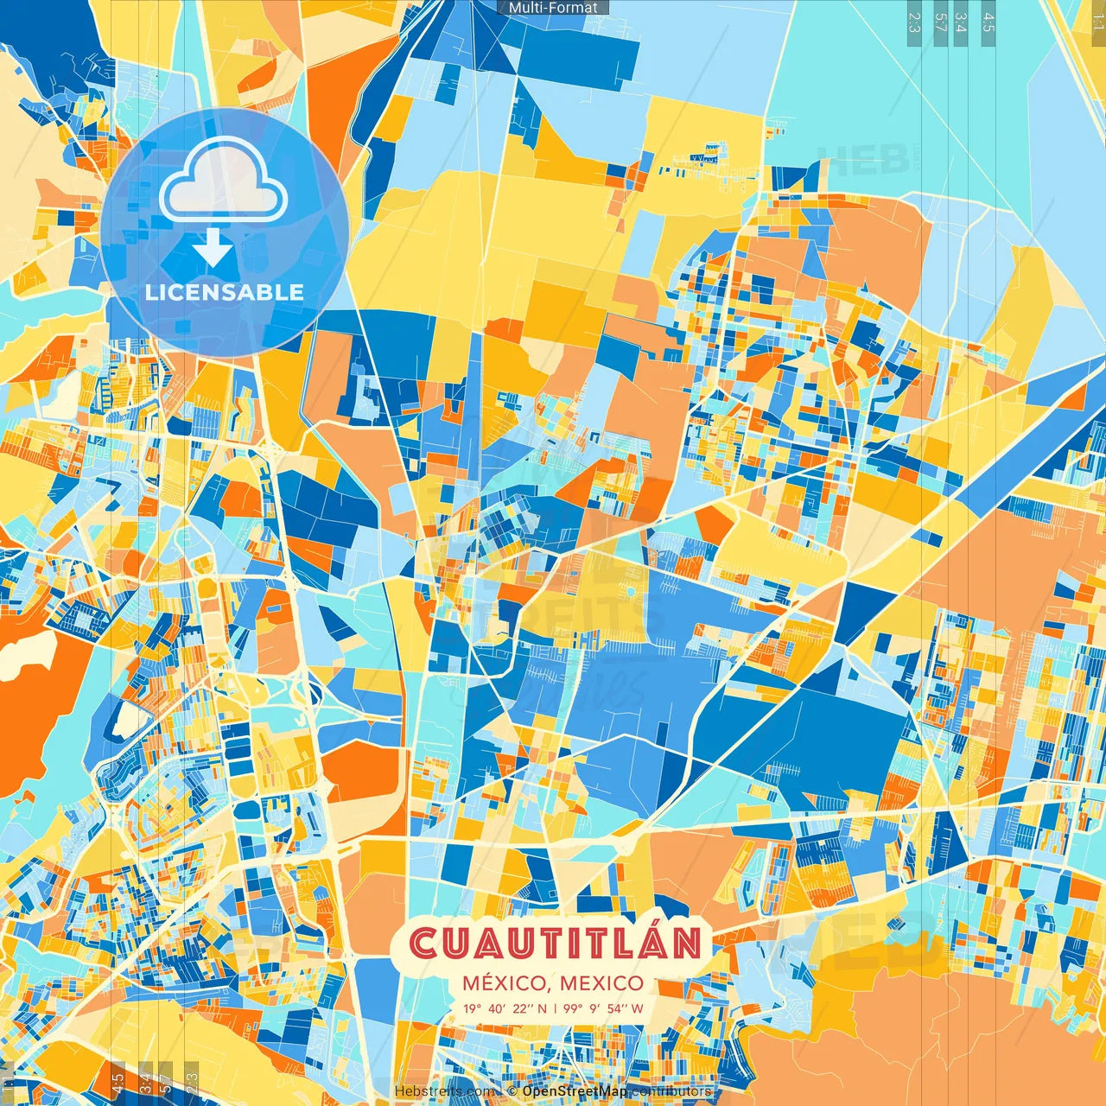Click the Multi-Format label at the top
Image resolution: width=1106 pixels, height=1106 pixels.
point(553,8)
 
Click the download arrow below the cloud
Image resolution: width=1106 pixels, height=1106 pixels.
point(212,246)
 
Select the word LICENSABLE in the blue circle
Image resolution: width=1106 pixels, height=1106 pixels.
point(225,292)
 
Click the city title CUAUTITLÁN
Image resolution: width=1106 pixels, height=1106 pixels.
point(554,944)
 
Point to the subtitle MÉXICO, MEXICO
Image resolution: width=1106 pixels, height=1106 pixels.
point(553,983)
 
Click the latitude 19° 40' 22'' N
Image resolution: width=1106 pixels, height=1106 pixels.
point(505,1008)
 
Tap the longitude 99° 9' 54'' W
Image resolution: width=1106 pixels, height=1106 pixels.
point(604,1008)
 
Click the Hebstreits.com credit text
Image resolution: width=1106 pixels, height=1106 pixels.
point(444,1091)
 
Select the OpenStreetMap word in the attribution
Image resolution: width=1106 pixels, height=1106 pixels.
point(575,1091)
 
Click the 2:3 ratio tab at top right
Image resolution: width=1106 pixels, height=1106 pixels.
point(914,22)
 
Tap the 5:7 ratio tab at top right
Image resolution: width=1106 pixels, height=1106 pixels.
point(940,22)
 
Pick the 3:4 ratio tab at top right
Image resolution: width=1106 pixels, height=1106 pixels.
point(961,22)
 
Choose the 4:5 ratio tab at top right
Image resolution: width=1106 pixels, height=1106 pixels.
point(988,22)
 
